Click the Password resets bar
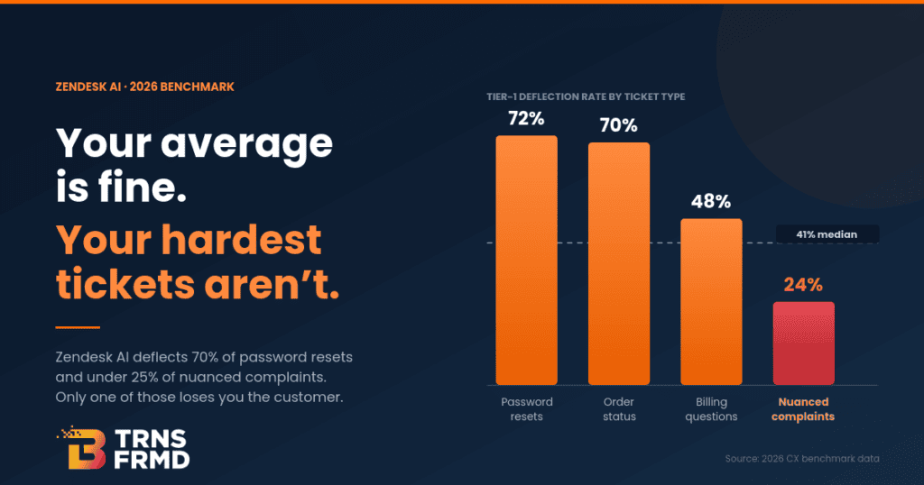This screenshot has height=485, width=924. (526, 261)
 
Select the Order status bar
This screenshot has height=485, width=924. (619, 264)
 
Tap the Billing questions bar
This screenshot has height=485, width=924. (711, 302)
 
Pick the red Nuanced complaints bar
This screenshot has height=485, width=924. (804, 343)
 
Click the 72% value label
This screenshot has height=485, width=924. (526, 119)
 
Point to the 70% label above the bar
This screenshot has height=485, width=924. (619, 125)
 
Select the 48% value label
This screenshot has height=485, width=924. (711, 202)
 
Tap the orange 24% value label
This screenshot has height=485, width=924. (803, 285)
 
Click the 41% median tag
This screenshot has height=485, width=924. (827, 234)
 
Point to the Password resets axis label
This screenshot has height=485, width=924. (527, 409)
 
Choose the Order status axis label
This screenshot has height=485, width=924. (619, 409)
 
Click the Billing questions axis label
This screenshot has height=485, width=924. (711, 409)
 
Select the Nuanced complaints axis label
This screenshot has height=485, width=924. (803, 409)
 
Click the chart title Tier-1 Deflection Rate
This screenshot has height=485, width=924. (586, 96)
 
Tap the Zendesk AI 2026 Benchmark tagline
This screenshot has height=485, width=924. (145, 87)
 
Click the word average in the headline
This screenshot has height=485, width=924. (246, 145)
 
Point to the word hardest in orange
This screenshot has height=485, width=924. (242, 239)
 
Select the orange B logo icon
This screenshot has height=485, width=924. (82, 447)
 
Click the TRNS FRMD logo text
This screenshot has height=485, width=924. (152, 449)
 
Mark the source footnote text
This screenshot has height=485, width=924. (802, 459)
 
